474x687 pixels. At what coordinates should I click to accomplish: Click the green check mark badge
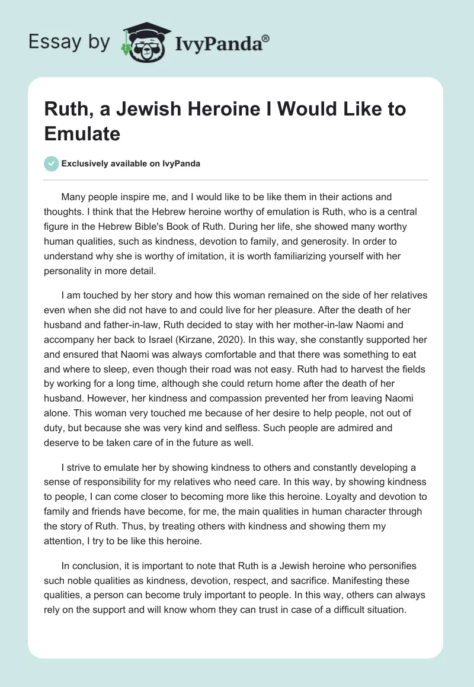[52, 163]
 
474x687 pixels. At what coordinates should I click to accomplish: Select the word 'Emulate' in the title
[82, 133]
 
